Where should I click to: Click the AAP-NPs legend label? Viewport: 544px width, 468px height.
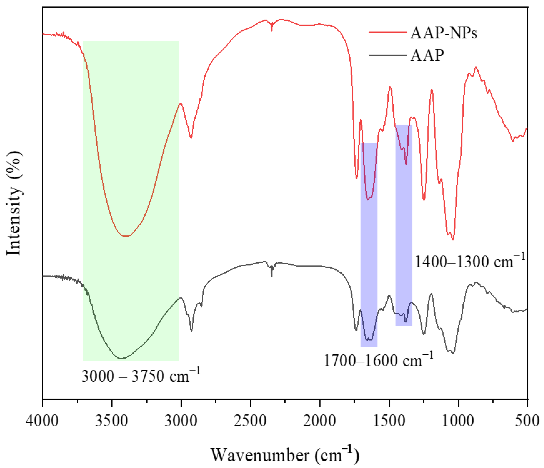point(443,33)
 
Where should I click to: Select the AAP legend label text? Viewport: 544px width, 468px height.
point(427,56)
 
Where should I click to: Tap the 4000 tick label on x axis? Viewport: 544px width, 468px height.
point(42,421)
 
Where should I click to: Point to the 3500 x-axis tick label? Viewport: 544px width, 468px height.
point(112,421)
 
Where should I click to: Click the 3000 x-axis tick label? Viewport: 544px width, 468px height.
point(181,421)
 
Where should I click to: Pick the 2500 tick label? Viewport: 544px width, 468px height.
point(250,421)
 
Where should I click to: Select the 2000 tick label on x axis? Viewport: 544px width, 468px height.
point(319,421)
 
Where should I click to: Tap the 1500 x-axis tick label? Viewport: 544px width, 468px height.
point(389,421)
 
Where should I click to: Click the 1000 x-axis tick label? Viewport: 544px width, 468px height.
point(458,421)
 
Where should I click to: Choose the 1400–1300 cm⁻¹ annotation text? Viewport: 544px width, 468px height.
point(470,262)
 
